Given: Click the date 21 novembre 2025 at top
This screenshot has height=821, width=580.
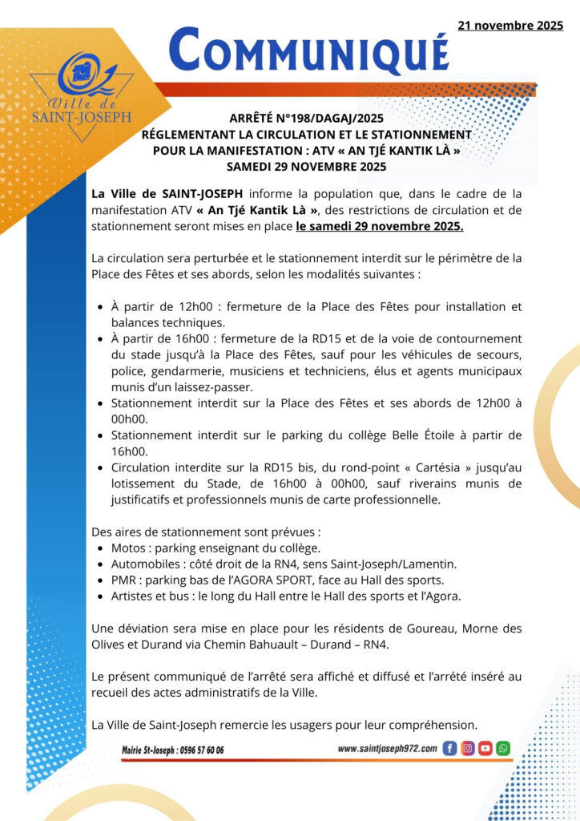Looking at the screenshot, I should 510,26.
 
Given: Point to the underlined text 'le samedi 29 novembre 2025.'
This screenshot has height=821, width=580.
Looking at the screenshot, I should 379,227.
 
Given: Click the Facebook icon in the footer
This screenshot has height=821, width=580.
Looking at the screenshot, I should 449,748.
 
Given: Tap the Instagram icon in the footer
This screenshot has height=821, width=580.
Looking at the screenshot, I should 467,748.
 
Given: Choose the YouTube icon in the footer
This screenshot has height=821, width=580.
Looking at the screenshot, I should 485,748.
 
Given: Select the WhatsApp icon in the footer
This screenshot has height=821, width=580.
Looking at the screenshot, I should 502,748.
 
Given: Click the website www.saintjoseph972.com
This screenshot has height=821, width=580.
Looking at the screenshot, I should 387,748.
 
